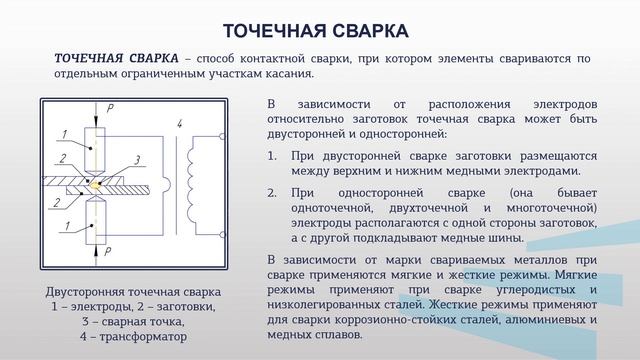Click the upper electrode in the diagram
coord(98,150)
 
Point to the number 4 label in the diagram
coord(178,124)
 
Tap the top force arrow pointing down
coord(98,113)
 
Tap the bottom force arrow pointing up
coord(98,251)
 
